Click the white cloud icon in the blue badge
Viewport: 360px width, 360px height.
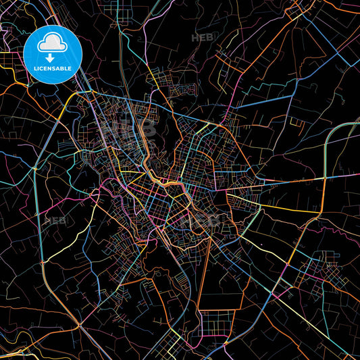click(x=52, y=43)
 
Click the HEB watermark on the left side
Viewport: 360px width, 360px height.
click(x=53, y=220)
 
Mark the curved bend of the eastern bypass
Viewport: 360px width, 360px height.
click(x=331, y=135)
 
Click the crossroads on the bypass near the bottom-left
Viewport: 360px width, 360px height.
click(x=42, y=260)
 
